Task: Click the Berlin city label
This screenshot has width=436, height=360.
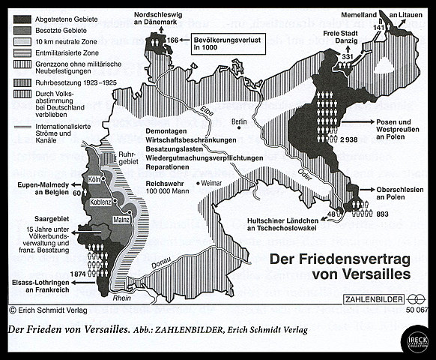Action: tap(239, 121)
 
